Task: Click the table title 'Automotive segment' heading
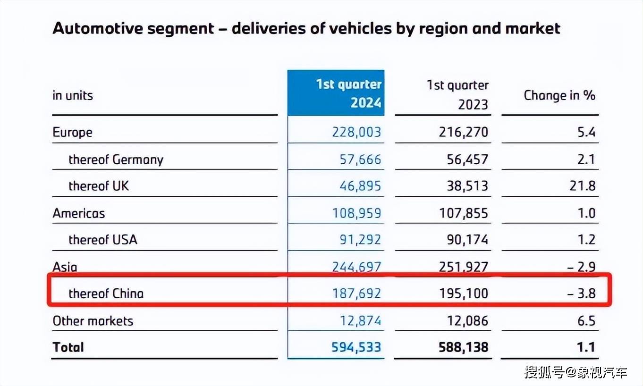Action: [306, 28]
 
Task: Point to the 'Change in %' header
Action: [559, 95]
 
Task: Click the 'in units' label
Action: [73, 95]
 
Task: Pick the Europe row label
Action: [72, 132]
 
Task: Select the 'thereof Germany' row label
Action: [116, 159]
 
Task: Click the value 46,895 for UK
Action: [360, 186]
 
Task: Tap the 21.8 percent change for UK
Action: [582, 186]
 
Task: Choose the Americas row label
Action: [78, 213]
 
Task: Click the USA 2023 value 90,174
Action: [467, 240]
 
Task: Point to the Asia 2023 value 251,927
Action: [463, 267]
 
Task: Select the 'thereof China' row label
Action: [106, 294]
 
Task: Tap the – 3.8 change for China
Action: [581, 294]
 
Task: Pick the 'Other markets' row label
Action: [93, 321]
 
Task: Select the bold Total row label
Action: [68, 347]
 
